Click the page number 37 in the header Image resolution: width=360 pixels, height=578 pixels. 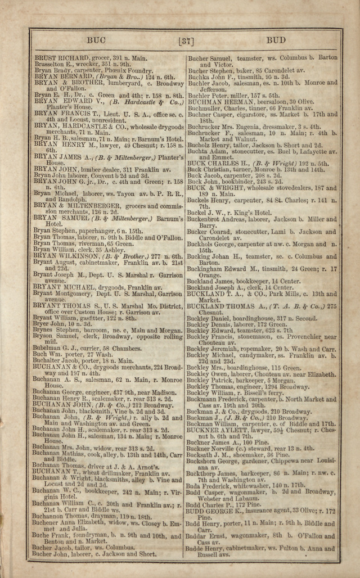point(185,40)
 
